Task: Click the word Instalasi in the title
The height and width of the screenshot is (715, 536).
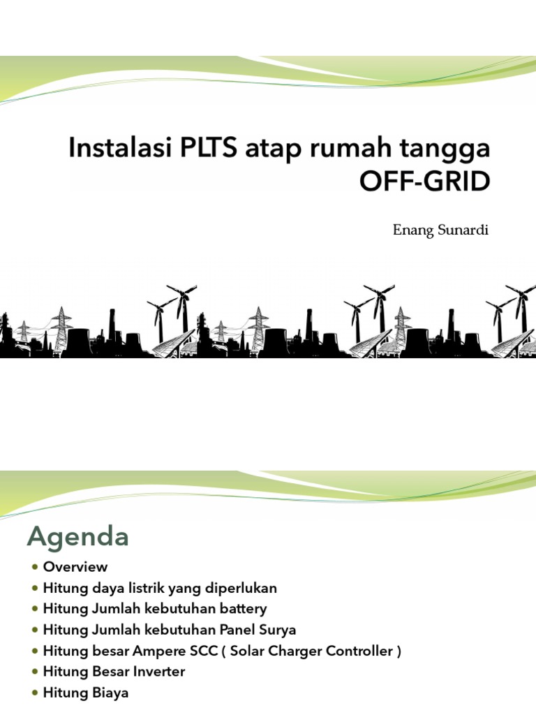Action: click(x=111, y=149)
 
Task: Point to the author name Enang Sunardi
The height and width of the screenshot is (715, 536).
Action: click(x=441, y=231)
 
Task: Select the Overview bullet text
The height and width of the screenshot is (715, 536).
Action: click(x=75, y=566)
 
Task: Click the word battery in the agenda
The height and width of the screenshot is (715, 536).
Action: click(x=240, y=608)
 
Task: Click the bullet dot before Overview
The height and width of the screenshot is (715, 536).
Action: click(x=35, y=567)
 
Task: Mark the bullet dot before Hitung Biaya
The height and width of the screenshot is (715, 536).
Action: click(x=35, y=693)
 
